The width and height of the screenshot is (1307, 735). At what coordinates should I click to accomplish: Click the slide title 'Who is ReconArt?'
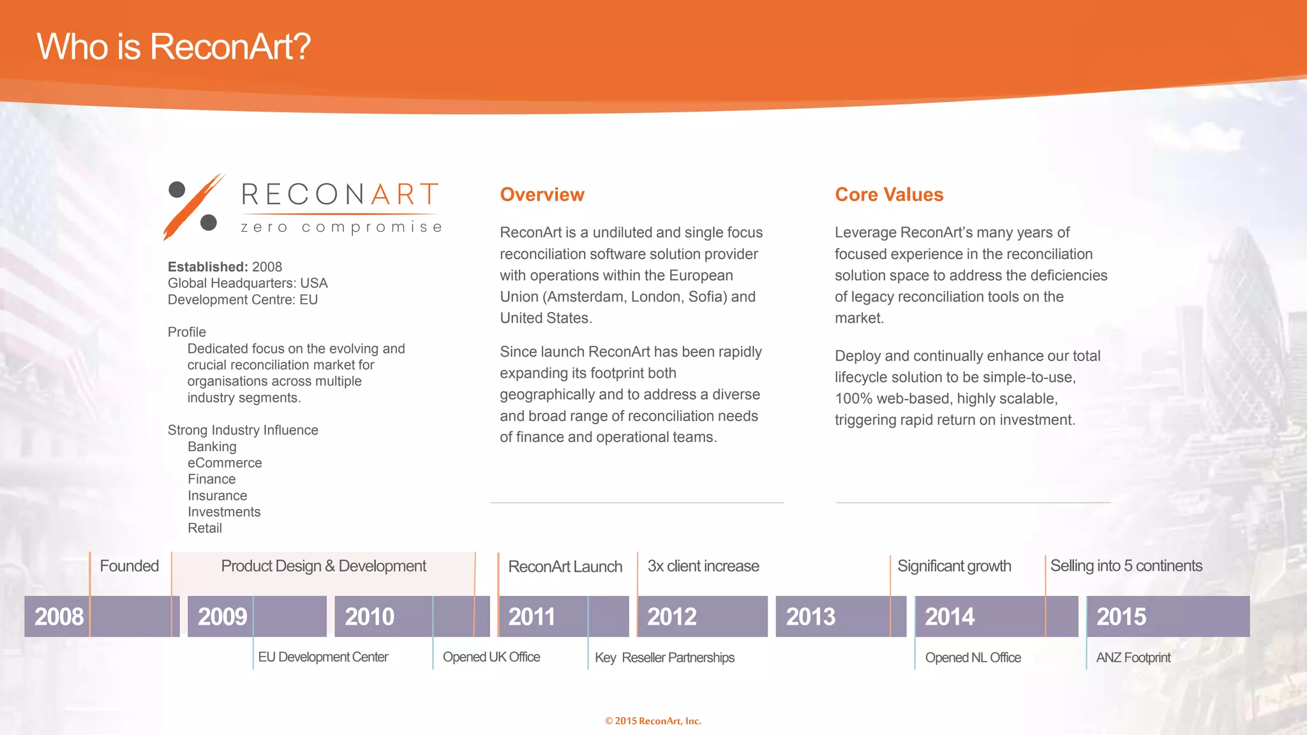click(174, 47)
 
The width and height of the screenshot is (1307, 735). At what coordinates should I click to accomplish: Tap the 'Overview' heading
click(542, 195)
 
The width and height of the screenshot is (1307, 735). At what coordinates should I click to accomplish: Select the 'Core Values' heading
click(889, 195)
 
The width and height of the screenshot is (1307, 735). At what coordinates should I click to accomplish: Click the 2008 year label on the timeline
click(59, 617)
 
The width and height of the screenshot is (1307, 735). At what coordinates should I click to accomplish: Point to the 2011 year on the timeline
click(532, 617)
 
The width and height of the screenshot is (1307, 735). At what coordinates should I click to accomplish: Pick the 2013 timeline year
click(810, 617)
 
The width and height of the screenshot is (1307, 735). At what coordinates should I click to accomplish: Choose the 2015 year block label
click(1121, 617)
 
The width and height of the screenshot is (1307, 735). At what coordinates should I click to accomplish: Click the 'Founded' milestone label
click(129, 566)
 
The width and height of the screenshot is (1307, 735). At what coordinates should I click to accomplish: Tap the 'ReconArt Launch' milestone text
click(565, 567)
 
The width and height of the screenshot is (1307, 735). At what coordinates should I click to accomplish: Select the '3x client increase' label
click(703, 566)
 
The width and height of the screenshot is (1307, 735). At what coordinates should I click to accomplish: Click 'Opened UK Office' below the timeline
click(491, 657)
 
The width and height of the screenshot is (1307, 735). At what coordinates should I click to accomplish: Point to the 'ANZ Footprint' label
click(1133, 658)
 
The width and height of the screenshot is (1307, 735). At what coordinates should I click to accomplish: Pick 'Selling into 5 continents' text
click(1126, 566)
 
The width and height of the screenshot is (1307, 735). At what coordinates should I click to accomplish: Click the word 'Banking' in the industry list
click(212, 447)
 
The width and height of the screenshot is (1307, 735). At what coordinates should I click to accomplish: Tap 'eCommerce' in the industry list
click(225, 463)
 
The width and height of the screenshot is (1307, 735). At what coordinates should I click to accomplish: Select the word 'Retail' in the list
click(205, 528)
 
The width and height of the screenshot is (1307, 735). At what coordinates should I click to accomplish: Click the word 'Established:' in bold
click(207, 267)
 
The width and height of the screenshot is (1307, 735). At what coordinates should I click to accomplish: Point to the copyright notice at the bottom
click(653, 721)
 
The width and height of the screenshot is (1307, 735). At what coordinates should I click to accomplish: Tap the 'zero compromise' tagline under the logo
click(341, 227)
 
